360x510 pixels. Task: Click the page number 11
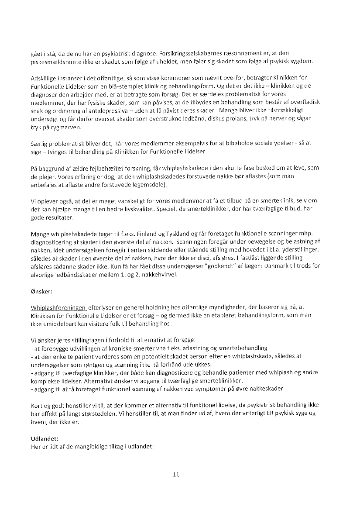pos(176,475)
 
